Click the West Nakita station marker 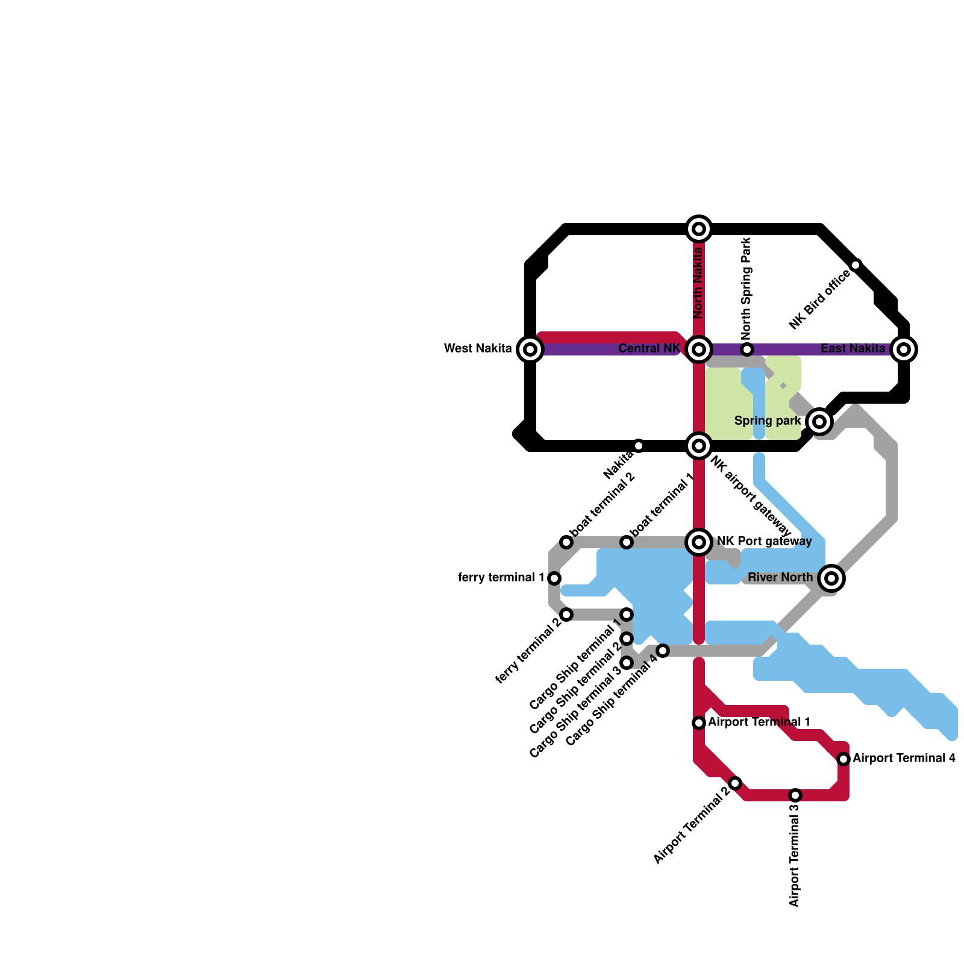click(x=530, y=349)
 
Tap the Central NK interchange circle click(x=699, y=349)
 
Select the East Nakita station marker click(x=904, y=349)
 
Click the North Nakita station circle click(x=699, y=229)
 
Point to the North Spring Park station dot click(x=747, y=349)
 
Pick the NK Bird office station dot click(x=856, y=265)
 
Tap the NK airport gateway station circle click(x=699, y=446)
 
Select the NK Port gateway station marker click(x=699, y=542)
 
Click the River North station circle click(x=831, y=578)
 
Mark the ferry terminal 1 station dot click(x=554, y=578)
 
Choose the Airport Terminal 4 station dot click(x=843, y=759)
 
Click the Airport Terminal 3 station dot click(x=795, y=795)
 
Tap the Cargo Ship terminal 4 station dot click(x=663, y=651)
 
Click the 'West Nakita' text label click(x=478, y=349)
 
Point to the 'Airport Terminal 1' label click(x=759, y=722)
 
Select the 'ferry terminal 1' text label click(x=501, y=578)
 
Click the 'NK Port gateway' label click(x=764, y=542)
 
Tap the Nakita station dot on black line click(x=639, y=446)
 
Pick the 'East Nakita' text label click(x=853, y=349)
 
